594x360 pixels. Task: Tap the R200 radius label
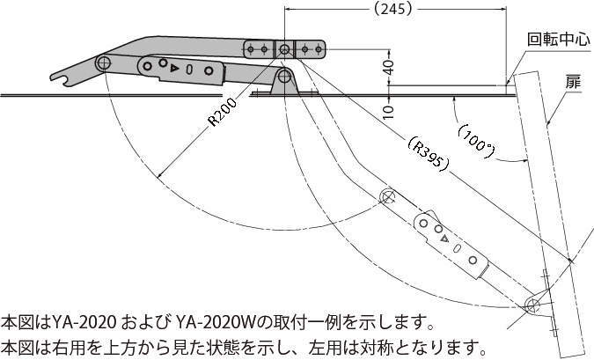(x=223, y=112)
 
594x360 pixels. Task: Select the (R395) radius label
(x=429, y=153)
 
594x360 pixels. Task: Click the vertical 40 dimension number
(x=389, y=68)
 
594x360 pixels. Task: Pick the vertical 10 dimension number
(x=389, y=112)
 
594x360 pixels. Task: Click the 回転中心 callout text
(x=559, y=40)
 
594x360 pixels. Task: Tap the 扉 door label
(x=573, y=81)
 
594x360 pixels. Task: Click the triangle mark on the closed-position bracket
(x=174, y=68)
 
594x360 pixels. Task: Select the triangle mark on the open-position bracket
(x=445, y=239)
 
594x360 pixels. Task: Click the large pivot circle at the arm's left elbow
(x=103, y=62)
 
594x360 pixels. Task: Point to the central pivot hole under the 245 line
(x=284, y=49)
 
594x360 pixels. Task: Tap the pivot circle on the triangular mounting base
(x=283, y=77)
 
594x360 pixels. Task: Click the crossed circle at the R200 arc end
(x=387, y=196)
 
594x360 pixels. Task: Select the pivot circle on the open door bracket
(x=532, y=303)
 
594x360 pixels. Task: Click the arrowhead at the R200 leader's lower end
(x=159, y=175)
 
